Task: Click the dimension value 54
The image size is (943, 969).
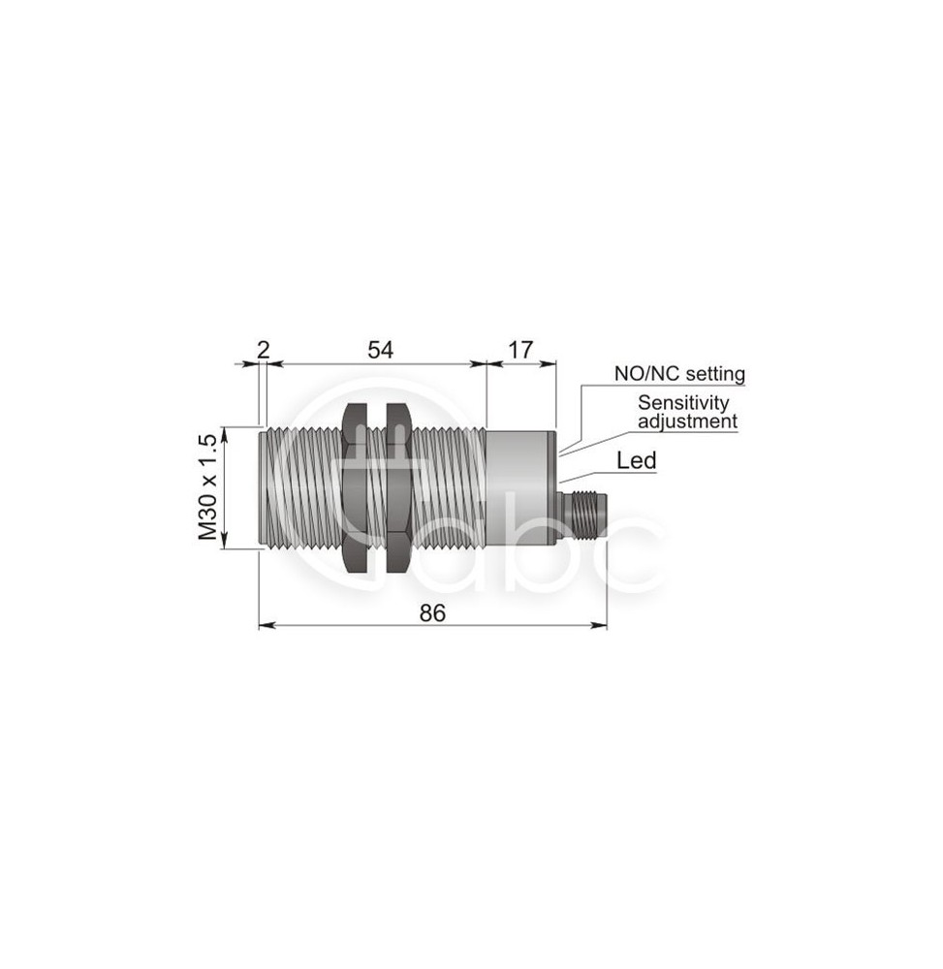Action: [380, 350]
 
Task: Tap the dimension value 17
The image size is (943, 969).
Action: [520, 350]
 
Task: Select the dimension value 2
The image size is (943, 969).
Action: [264, 350]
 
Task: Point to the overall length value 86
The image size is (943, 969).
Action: [432, 613]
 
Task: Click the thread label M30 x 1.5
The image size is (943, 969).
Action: [208, 487]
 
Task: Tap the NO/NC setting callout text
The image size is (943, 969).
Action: [679, 373]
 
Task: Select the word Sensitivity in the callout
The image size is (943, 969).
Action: [683, 402]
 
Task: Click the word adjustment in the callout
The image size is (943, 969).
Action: [688, 422]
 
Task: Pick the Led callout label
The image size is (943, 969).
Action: [637, 460]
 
